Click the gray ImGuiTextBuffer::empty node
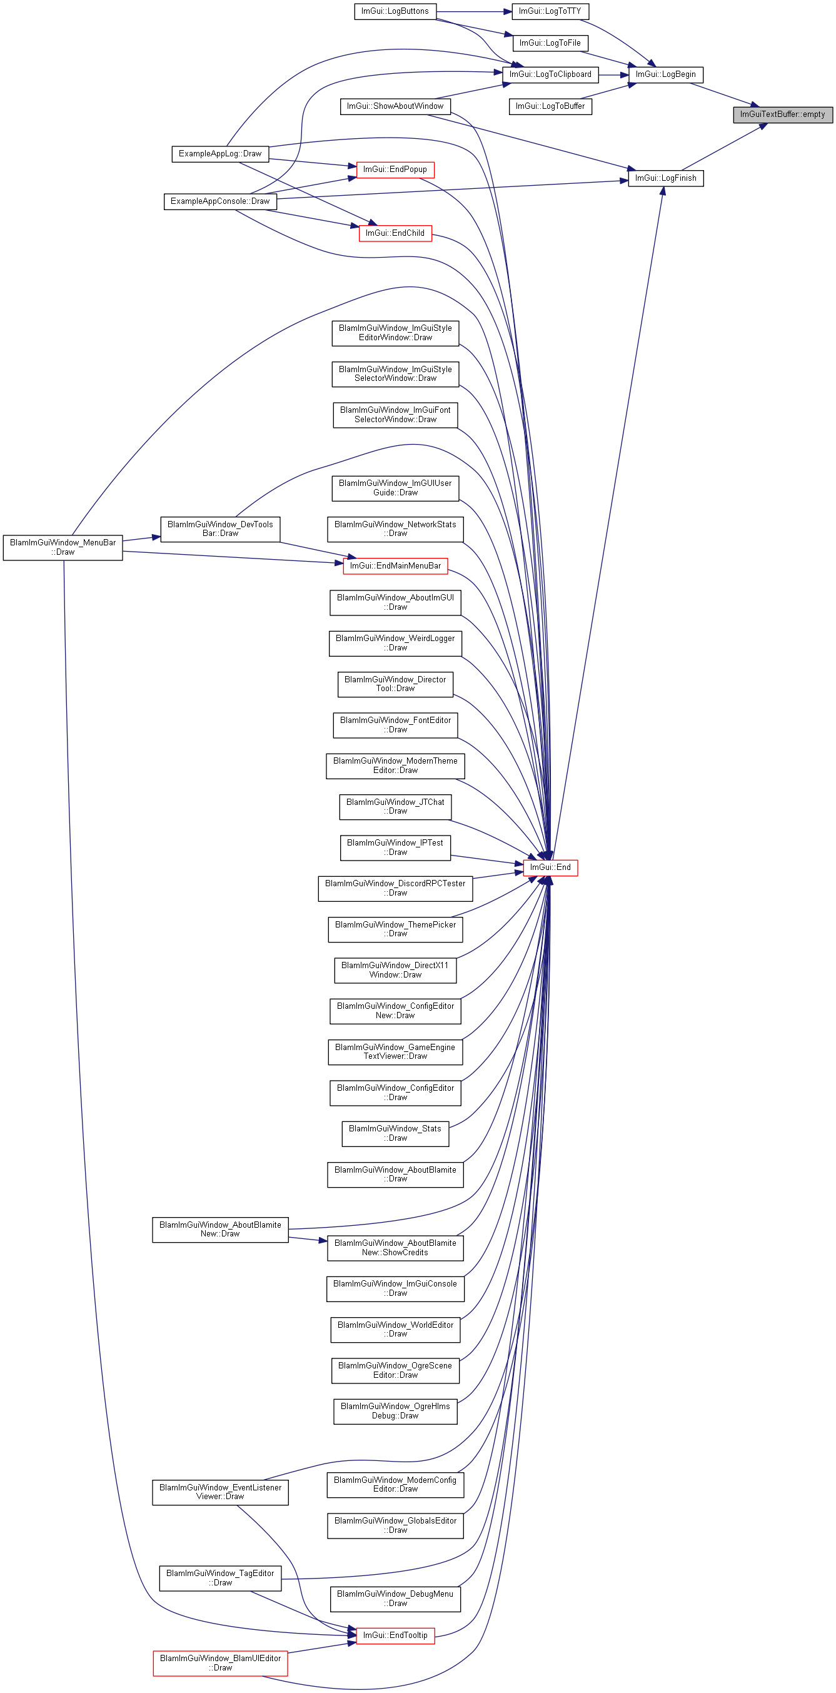[x=783, y=114]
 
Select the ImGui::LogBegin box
[x=666, y=74]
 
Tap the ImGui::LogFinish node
[x=666, y=178]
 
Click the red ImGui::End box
[x=550, y=867]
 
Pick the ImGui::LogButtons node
[x=395, y=11]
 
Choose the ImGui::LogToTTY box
[x=550, y=11]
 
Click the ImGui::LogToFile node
[x=550, y=43]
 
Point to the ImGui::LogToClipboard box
[x=550, y=74]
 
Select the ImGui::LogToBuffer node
[x=550, y=106]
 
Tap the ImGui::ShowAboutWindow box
[x=395, y=106]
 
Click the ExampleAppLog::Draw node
[x=220, y=154]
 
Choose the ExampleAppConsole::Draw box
[x=220, y=201]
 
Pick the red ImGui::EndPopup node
[x=395, y=169]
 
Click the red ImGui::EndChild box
[x=395, y=233]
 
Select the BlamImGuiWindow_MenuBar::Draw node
[x=63, y=547]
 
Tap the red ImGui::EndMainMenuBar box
[x=395, y=566]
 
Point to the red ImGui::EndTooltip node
[x=395, y=1635]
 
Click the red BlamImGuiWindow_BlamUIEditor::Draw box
[x=220, y=1663]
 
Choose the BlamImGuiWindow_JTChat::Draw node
[x=395, y=806]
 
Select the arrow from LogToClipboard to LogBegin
[x=614, y=74]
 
